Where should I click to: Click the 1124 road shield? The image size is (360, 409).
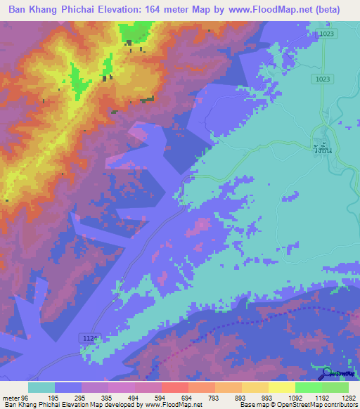pos(82,339)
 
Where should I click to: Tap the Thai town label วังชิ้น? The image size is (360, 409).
pos(323,148)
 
